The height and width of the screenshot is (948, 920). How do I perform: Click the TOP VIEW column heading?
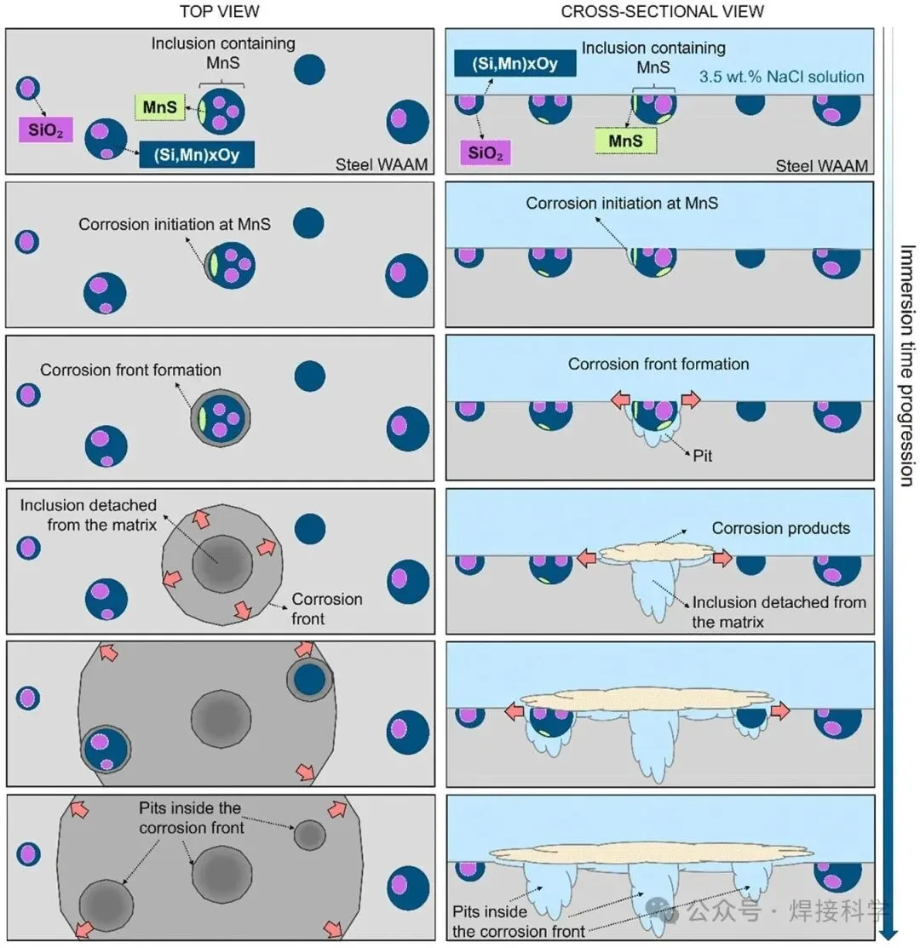point(219,11)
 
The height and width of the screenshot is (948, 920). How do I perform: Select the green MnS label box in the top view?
point(158,107)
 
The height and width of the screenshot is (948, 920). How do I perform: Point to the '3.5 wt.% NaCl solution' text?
point(781,77)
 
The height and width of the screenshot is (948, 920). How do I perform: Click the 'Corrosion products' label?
point(780,528)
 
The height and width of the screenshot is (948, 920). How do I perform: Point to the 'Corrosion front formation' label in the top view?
point(130,371)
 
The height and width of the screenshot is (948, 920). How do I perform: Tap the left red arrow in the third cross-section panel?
point(622,399)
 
